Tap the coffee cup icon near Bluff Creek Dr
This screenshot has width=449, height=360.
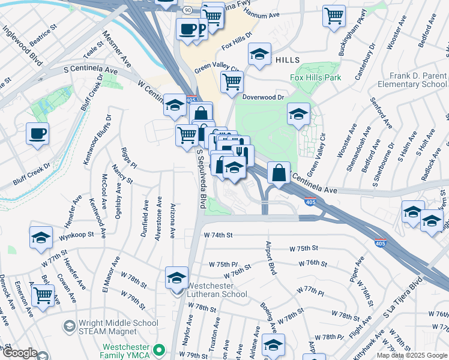(x=37, y=133)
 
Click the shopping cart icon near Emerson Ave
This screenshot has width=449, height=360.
(x=43, y=295)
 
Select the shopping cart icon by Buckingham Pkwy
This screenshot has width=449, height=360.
(x=334, y=16)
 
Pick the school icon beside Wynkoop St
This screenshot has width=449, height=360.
(x=41, y=237)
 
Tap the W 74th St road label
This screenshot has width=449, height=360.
(x=217, y=236)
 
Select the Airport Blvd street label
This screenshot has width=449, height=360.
(x=270, y=259)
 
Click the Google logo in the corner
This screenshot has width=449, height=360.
(x=20, y=353)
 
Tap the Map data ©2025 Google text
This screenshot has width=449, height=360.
(x=411, y=355)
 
